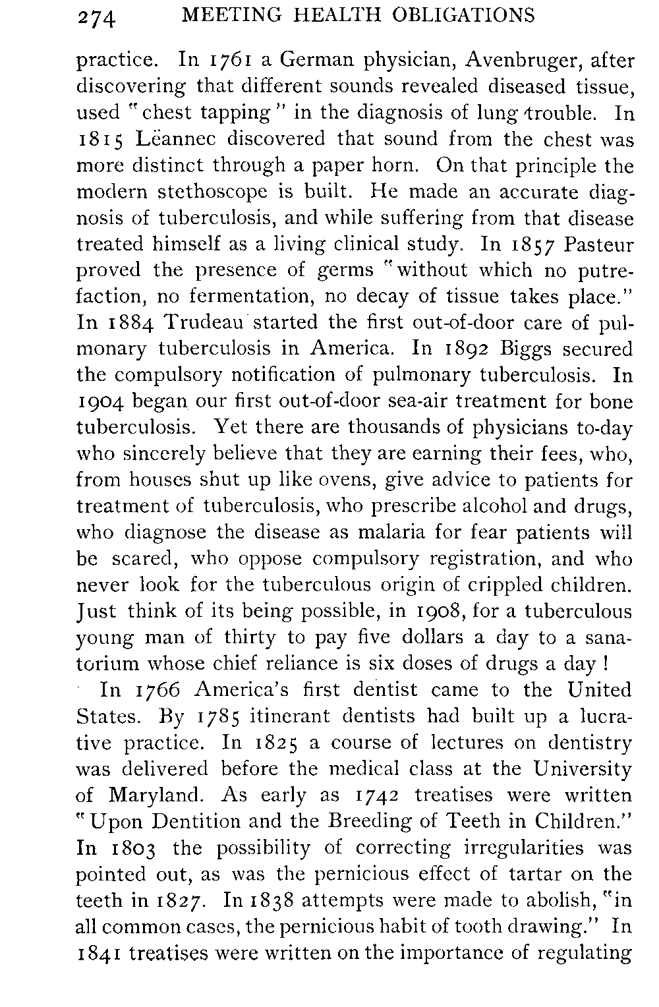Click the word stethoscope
coord(212,192)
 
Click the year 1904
coord(102,402)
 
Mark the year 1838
coord(268,901)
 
